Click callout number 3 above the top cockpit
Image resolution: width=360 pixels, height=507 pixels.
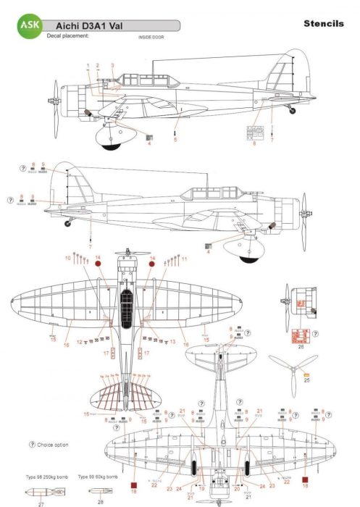(112, 66)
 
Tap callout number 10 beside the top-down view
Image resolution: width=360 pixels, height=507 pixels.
(67, 258)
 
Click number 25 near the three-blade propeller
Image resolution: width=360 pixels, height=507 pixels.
(307, 380)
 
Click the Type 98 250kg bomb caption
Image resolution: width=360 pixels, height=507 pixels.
(42, 479)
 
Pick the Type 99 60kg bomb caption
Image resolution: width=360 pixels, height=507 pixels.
(98, 479)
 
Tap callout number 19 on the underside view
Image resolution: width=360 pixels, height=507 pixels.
(202, 489)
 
